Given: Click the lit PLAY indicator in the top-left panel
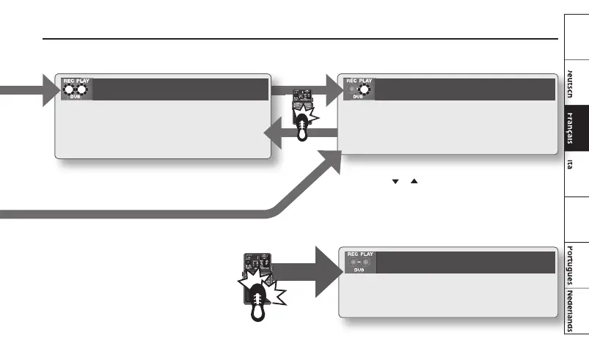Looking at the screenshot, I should [83, 90].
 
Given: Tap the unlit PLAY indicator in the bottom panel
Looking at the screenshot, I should [365, 261].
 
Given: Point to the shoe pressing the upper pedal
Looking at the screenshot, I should [302, 127].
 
